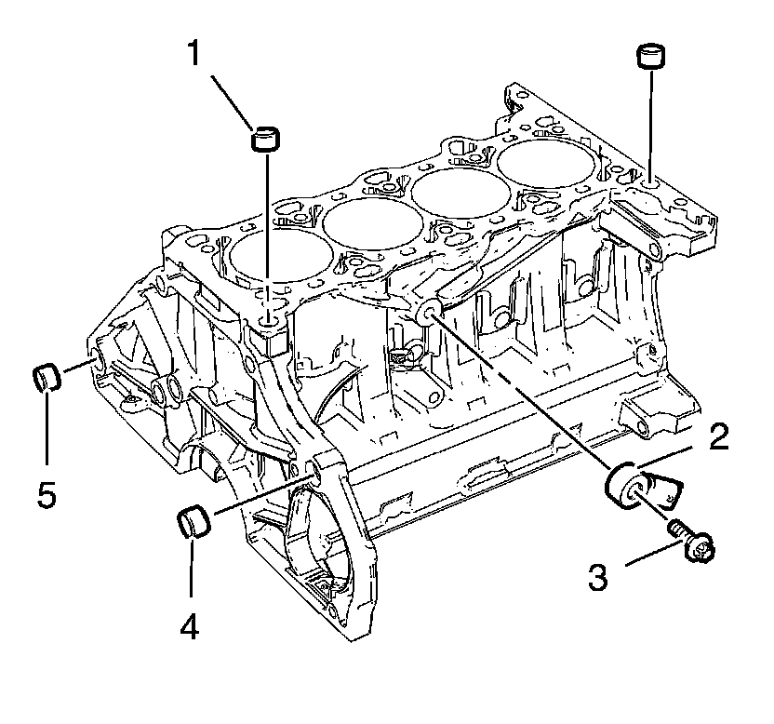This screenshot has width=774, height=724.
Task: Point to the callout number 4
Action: (190, 628)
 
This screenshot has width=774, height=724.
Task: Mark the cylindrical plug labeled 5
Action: (47, 377)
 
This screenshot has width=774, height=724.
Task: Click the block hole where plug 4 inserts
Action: (314, 475)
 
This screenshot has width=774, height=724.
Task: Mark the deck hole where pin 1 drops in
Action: (268, 320)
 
